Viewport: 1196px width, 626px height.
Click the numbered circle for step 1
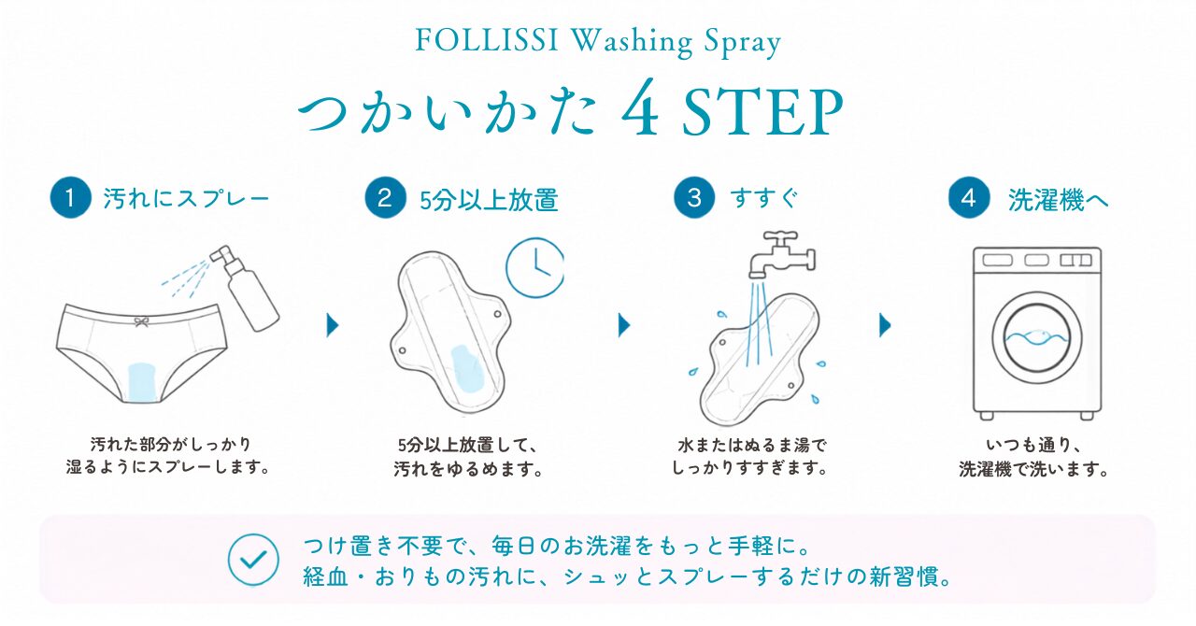pos(70,198)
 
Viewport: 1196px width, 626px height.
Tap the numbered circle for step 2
pos(386,198)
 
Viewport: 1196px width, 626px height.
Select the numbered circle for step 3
pos(694,198)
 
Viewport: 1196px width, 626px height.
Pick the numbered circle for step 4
pos(969,198)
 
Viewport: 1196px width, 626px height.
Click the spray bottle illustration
pos(247,289)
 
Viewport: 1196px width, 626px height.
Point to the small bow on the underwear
pos(141,321)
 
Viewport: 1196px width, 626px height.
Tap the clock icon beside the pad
pos(535,267)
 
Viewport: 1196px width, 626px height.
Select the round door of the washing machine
pos(1037,337)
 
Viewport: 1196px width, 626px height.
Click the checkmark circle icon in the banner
pos(253,560)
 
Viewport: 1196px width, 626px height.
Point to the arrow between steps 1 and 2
pos(333,325)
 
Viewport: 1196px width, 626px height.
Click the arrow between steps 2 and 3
pos(624,325)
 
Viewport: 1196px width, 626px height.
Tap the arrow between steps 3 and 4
pos(885,325)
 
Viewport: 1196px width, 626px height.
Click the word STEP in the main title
pos(762,113)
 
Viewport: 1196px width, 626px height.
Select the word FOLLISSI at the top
pos(487,40)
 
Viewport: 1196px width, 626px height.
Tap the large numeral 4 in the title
pos(640,107)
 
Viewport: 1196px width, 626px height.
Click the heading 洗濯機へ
pos(1059,200)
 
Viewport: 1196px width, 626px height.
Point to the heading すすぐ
pos(764,199)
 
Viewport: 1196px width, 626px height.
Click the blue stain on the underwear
pos(143,381)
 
